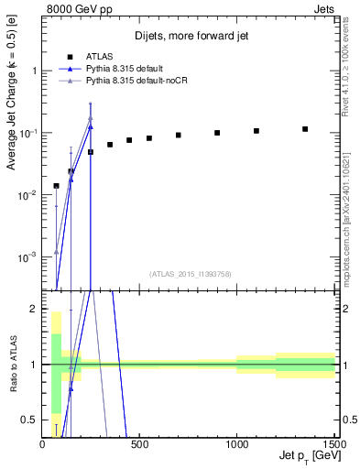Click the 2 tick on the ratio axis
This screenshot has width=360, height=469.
click(34, 309)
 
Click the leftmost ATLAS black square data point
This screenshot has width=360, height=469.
click(56, 186)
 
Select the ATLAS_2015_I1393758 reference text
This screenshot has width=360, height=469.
click(190, 273)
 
